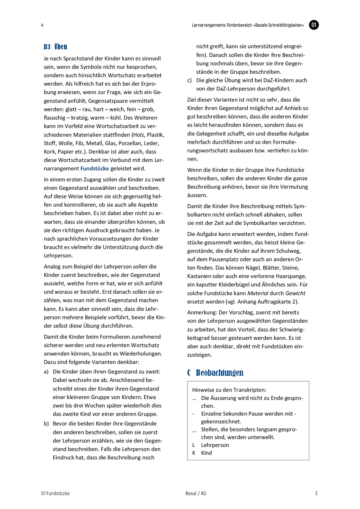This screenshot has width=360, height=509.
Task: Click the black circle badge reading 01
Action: tap(314, 25)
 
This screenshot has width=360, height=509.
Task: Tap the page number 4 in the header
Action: tap(42, 25)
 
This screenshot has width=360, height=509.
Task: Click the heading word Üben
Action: tap(61, 47)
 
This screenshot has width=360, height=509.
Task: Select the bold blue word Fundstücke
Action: tap(95, 168)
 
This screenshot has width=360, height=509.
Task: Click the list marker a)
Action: tap(46, 372)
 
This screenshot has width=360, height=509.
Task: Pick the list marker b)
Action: tap(46, 424)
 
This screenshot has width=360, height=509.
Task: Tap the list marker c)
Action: tap(189, 80)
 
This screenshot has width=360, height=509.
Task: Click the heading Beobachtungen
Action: tap(219, 373)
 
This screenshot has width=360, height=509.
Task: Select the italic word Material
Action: tap(258, 293)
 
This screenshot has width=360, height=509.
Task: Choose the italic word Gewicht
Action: tap(295, 293)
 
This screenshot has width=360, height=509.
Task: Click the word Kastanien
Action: tap(199, 276)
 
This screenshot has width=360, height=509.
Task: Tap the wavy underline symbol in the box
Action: tap(194, 432)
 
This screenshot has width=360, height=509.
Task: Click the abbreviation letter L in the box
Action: tap(194, 445)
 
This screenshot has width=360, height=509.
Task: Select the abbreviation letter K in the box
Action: tap(194, 453)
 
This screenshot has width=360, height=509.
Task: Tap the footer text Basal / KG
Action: tap(196, 493)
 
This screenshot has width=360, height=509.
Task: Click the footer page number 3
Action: tap(316, 493)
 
